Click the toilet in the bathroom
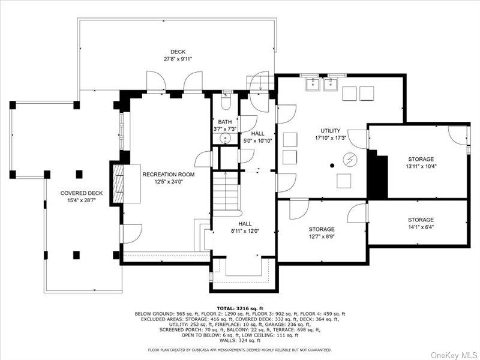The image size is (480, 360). (226, 101)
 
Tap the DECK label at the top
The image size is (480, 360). (178, 52)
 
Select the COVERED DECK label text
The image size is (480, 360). (82, 193)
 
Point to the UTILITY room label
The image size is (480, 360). (331, 131)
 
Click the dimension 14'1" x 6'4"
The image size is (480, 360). (421, 227)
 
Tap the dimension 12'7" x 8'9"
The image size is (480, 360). (322, 237)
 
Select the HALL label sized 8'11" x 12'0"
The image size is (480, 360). (245, 223)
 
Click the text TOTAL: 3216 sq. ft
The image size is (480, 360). (240, 307)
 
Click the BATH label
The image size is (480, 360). (225, 122)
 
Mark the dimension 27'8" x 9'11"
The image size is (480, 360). (178, 59)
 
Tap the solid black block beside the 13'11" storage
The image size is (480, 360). (377, 175)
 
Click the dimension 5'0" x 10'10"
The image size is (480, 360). (257, 141)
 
